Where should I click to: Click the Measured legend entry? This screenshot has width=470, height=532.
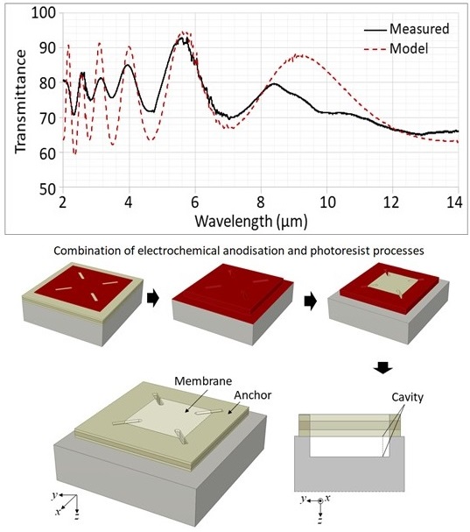[x=407, y=29]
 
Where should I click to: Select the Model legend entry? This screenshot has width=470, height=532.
[x=396, y=48]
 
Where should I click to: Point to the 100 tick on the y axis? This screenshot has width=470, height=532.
[x=44, y=13]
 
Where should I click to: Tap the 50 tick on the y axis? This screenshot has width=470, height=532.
[x=47, y=188]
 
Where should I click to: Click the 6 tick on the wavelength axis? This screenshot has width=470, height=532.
[x=195, y=202]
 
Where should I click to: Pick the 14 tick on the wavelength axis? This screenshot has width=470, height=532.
[x=454, y=202]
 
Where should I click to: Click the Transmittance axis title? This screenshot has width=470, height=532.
[x=20, y=101]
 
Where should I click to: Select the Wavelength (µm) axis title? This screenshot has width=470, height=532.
[x=251, y=222]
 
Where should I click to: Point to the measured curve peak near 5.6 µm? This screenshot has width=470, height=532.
[x=182, y=38]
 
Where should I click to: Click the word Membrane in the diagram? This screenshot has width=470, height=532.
[x=203, y=380]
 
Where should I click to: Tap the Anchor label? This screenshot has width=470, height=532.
[x=253, y=395]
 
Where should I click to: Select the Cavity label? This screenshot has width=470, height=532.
[x=407, y=397]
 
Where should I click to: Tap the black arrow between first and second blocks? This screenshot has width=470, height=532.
[x=153, y=299]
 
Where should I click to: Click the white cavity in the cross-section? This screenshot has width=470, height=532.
[x=348, y=446]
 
